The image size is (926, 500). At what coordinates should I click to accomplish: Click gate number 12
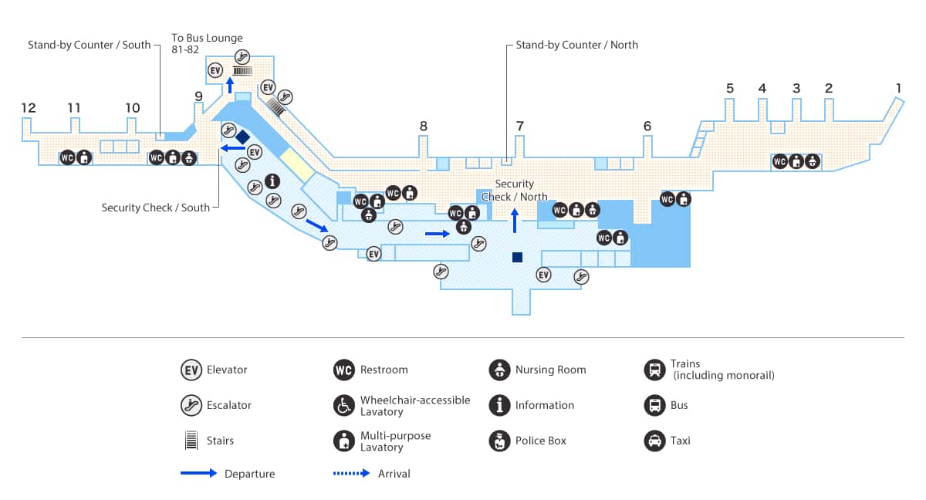pos(29,108)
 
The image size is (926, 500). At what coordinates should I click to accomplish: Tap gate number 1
pos(898,87)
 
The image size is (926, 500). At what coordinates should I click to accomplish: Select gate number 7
pos(520,126)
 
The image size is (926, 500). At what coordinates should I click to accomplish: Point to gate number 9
pos(198,96)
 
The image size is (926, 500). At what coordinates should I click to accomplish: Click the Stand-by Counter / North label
pos(576,45)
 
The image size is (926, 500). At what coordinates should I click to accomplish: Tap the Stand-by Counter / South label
pos(90,45)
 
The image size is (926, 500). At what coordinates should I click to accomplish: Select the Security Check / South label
pos(155,208)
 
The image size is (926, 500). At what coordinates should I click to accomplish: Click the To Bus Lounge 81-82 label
pos(207,43)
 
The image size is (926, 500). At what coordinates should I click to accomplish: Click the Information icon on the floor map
pos(272,181)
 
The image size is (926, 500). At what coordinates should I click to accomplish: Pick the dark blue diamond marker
pos(242,137)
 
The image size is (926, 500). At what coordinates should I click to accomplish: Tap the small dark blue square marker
pos(517,257)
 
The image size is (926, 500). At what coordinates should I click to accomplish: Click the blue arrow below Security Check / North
pos(515,220)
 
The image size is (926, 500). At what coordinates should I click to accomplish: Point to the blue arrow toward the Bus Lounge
pos(230,85)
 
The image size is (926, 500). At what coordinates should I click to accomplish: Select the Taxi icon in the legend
pos(654,441)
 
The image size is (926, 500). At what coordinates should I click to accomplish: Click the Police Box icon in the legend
pos(499,441)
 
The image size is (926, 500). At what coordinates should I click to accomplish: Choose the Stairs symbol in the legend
pos(190,441)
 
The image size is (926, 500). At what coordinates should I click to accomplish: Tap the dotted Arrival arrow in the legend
pos(352,473)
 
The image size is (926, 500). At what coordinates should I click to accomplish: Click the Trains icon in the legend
pos(654,370)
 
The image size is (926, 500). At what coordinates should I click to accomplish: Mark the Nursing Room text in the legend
pos(550,370)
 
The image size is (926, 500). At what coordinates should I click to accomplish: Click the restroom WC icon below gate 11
pos(68,158)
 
